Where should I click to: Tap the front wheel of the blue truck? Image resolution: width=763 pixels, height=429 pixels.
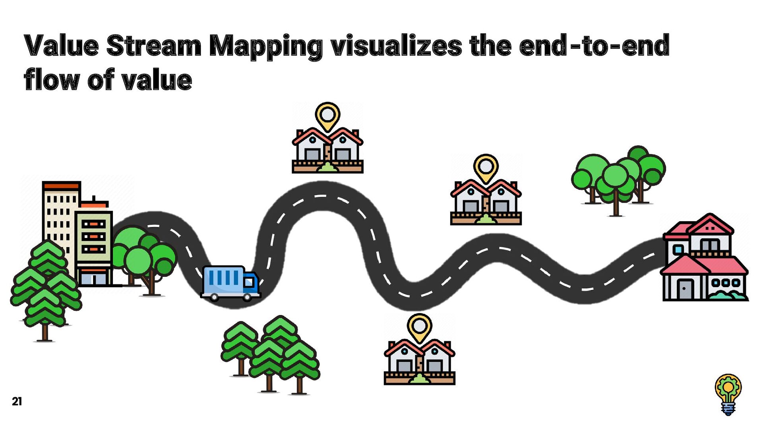(x=247, y=297)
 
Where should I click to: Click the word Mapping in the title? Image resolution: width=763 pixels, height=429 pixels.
(x=265, y=46)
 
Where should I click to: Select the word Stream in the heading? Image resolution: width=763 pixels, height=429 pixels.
(x=154, y=46)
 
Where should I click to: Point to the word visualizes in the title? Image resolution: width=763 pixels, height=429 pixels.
(x=396, y=46)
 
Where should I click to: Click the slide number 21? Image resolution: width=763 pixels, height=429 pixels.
(x=17, y=401)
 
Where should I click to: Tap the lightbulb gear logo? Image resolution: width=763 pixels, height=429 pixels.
(x=728, y=394)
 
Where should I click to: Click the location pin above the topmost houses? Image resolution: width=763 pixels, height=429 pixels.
(x=327, y=116)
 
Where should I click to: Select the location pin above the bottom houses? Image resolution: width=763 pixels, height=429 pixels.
(x=419, y=327)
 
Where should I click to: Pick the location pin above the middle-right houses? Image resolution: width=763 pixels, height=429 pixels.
(x=486, y=167)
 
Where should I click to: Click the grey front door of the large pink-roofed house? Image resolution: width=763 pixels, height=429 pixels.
(x=685, y=289)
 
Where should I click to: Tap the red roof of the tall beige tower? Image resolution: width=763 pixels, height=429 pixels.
(x=61, y=186)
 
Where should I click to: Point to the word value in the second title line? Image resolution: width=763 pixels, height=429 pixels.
(x=157, y=80)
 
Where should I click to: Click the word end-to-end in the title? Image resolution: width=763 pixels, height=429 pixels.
(x=594, y=46)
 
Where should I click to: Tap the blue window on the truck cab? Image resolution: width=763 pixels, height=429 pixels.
(x=249, y=282)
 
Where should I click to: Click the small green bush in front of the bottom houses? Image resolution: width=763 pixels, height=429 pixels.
(x=419, y=379)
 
